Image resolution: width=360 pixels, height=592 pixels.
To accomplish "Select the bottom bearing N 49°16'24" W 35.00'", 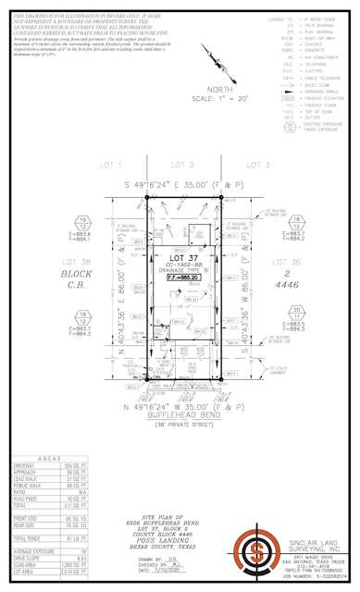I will tap(185, 407).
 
